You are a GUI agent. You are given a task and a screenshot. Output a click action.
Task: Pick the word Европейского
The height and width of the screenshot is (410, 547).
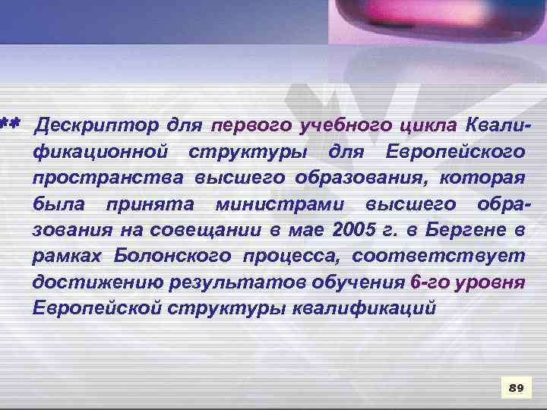pyautogui.click(x=455, y=151)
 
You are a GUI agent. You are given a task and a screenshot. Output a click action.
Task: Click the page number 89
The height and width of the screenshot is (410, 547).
pyautogui.click(x=516, y=388)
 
